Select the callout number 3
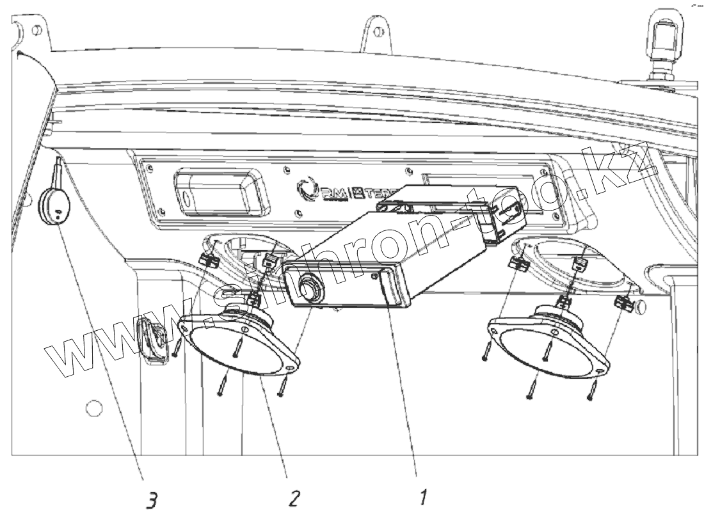[x=151, y=501]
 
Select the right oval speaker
[x=548, y=342]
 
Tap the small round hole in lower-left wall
[x=93, y=407]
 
